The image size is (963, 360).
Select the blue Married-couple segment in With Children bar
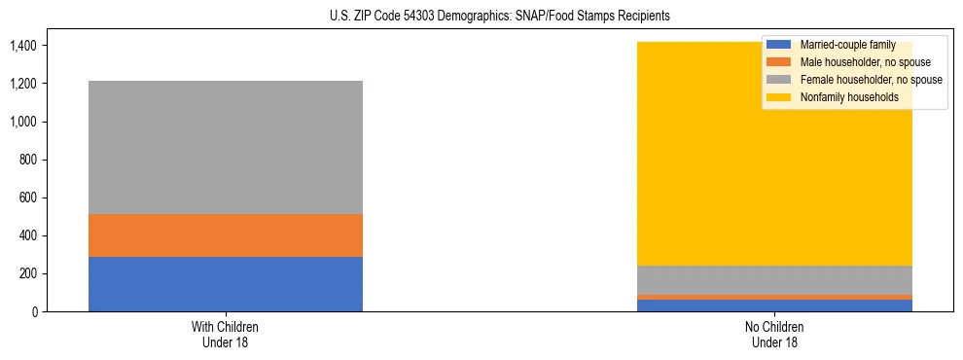click(x=226, y=284)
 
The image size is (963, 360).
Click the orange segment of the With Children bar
click(x=226, y=235)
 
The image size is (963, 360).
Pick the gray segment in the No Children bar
click(x=774, y=280)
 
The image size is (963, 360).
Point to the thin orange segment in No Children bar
click(x=774, y=297)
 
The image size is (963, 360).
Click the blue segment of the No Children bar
click(x=774, y=306)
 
